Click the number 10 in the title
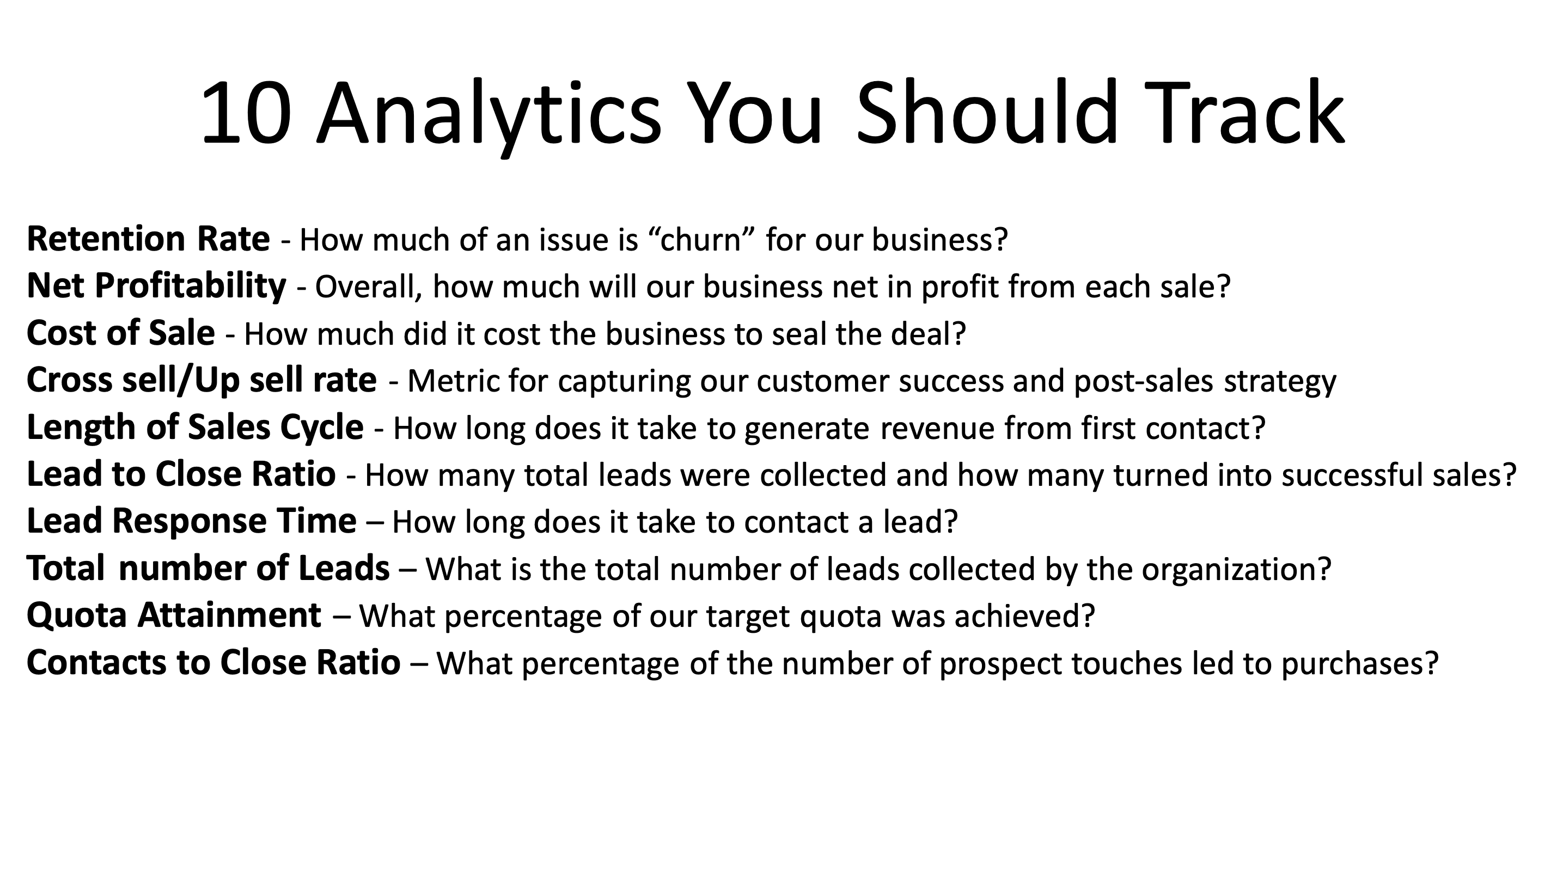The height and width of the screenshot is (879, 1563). click(x=246, y=114)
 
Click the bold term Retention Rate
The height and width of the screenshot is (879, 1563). click(x=148, y=239)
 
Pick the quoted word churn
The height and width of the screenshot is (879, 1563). click(x=703, y=240)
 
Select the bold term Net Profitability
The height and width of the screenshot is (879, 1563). click(x=156, y=286)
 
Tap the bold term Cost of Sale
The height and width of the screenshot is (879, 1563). click(x=120, y=333)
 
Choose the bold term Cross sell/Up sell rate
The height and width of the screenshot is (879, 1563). click(x=202, y=380)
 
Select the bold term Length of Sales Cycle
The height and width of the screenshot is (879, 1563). click(x=195, y=427)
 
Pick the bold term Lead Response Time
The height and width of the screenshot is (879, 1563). click(x=191, y=521)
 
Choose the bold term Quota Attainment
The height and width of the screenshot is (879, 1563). click(x=174, y=615)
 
